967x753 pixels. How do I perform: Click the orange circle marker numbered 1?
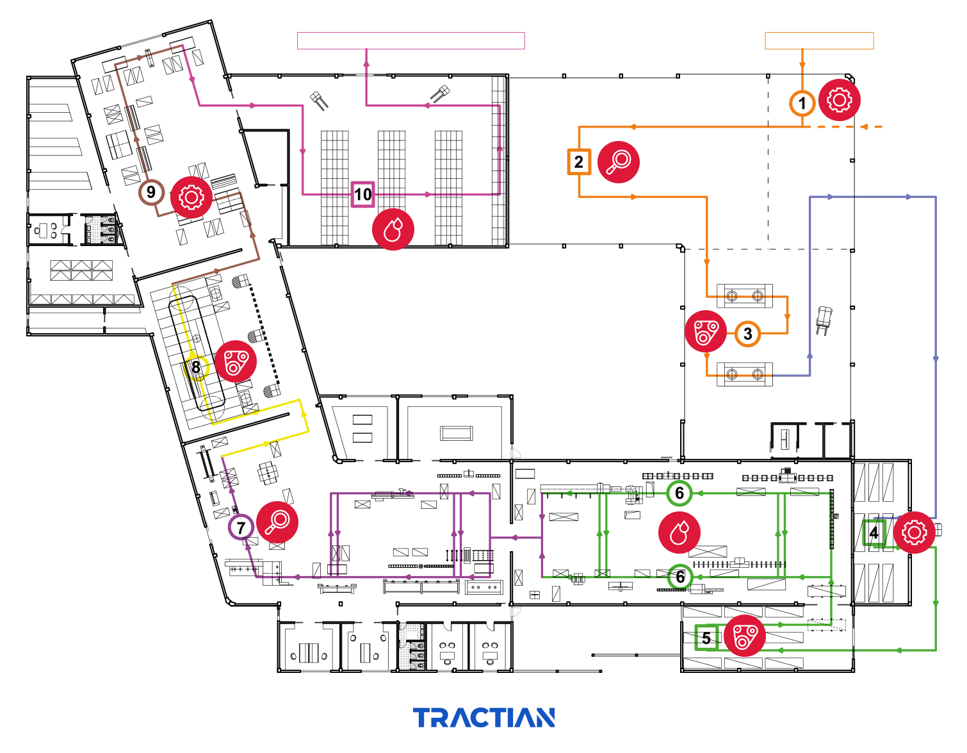[802, 103]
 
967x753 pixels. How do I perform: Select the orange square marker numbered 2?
[579, 161]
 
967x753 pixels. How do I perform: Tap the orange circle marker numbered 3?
[747, 333]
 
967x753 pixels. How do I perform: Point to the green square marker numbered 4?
[874, 533]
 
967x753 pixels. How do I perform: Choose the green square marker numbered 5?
[706, 638]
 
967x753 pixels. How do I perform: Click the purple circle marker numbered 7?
[241, 527]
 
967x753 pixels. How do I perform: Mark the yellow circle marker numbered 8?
[196, 367]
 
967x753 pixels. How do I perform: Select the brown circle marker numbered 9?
[151, 192]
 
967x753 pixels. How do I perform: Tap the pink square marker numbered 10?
[363, 194]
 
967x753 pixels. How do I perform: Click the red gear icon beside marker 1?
[840, 100]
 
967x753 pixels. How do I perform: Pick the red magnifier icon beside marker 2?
[619, 161]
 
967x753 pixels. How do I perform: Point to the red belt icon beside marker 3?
[706, 331]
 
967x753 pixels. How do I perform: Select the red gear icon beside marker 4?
[914, 533]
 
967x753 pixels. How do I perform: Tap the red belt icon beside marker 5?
[745, 636]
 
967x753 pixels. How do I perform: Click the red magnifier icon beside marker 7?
[277, 522]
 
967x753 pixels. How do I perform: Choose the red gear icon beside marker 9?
[191, 197]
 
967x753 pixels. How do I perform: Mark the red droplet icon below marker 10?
[393, 229]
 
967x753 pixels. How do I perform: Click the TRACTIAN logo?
[484, 718]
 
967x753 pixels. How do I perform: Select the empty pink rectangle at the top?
[411, 40]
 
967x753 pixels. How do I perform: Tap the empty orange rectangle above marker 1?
[819, 40]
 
